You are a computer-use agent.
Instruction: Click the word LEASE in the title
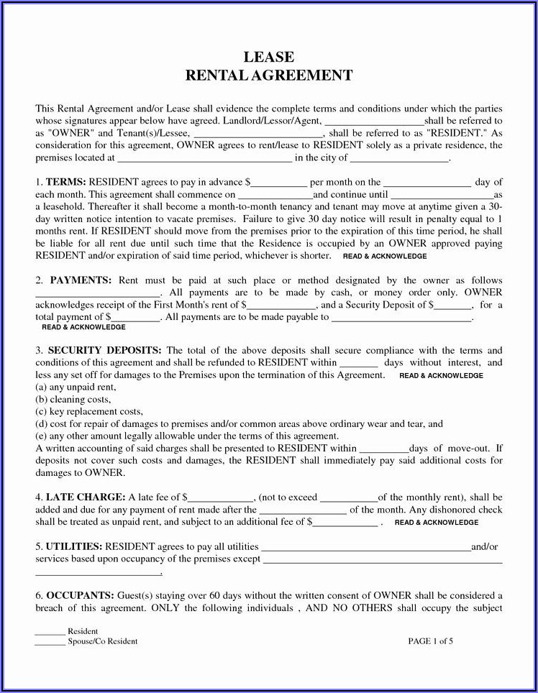pyautogui.click(x=268, y=58)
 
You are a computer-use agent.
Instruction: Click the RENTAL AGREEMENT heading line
pyautogui.click(x=268, y=75)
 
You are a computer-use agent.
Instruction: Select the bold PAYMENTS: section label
pyautogui.click(x=79, y=280)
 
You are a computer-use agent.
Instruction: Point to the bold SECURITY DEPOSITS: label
pyautogui.click(x=105, y=351)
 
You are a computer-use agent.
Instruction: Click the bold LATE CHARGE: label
pyautogui.click(x=86, y=497)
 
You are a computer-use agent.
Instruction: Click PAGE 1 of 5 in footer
pyautogui.click(x=430, y=641)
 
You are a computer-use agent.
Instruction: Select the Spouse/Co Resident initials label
pyautogui.click(x=102, y=641)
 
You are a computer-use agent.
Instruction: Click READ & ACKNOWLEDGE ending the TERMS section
pyautogui.click(x=385, y=256)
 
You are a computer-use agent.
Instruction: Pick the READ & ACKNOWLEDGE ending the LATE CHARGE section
pyautogui.click(x=437, y=523)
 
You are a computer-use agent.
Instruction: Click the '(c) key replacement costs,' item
pyautogui.click(x=89, y=412)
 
